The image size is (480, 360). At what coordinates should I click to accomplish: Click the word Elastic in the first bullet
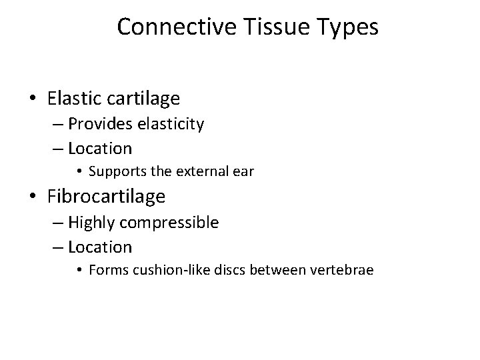click(x=73, y=99)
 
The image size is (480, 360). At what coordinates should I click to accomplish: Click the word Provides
click(x=99, y=124)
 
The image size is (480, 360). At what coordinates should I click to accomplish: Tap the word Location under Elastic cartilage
click(x=100, y=148)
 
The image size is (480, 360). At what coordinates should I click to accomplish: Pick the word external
click(x=199, y=171)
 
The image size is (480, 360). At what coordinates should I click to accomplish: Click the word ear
click(x=243, y=171)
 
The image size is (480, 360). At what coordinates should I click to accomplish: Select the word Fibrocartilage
click(x=107, y=197)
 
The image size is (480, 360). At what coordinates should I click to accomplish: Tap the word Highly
click(x=91, y=222)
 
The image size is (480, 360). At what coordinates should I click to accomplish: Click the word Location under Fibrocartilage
click(x=100, y=247)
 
